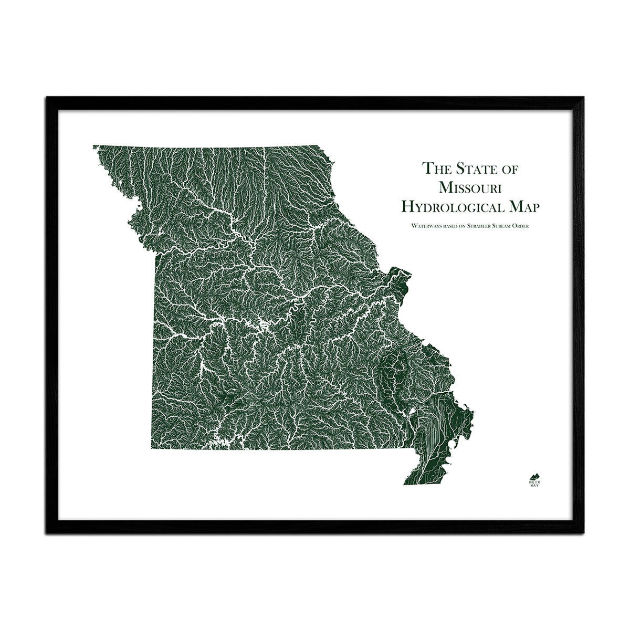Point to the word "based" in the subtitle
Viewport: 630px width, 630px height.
tap(445, 226)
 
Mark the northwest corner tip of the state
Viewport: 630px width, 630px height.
tap(93, 145)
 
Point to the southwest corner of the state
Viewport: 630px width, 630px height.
tap(152, 449)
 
